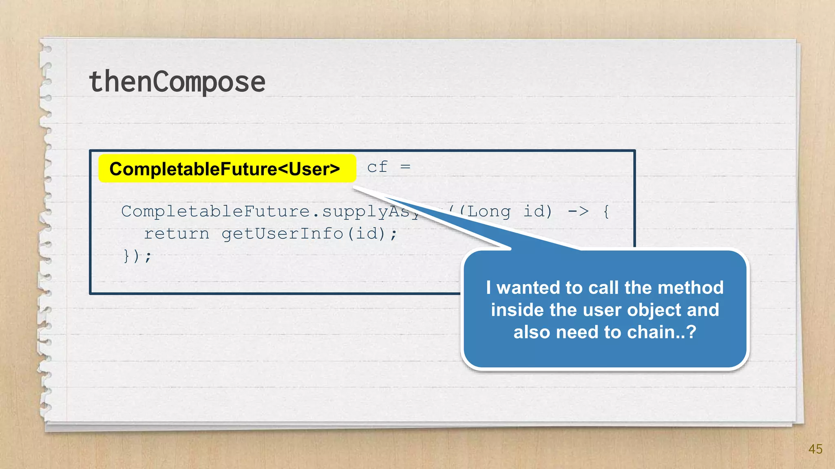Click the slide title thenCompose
[177, 81]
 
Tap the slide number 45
[815, 449]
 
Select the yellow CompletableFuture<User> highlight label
[227, 169]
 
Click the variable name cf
[377, 167]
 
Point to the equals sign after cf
[405, 167]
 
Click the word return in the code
[177, 234]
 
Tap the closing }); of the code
[137, 256]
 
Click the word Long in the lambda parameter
[488, 211]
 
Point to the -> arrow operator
[578, 211]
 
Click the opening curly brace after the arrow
[606, 211]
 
